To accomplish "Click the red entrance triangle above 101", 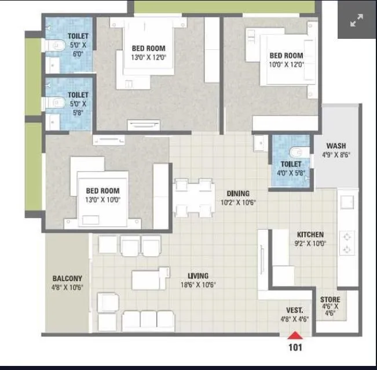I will pyautogui.click(x=295, y=335).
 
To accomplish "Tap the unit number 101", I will pyautogui.click(x=295, y=347).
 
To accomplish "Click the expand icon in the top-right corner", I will pyautogui.click(x=357, y=20).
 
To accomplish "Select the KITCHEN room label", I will pyautogui.click(x=310, y=234).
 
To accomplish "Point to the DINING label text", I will pyautogui.click(x=238, y=194).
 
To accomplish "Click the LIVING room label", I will pyautogui.click(x=198, y=276).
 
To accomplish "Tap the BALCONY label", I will pyautogui.click(x=67, y=278).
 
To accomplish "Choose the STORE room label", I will pyautogui.click(x=330, y=299).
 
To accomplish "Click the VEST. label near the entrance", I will pyautogui.click(x=294, y=310).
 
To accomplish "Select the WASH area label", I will pyautogui.click(x=336, y=146).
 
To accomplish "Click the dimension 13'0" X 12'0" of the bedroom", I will pyautogui.click(x=148, y=57).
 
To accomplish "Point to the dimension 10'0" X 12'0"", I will pyautogui.click(x=286, y=64).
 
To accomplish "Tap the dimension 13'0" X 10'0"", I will pyautogui.click(x=103, y=199).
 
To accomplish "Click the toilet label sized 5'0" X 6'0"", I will pyautogui.click(x=78, y=36).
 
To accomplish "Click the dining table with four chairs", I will pyautogui.click(x=193, y=198).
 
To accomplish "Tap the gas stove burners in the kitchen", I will pyautogui.click(x=347, y=243).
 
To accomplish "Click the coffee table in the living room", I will pyautogui.click(x=150, y=280).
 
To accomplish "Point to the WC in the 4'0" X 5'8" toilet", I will pyautogui.click(x=297, y=152).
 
